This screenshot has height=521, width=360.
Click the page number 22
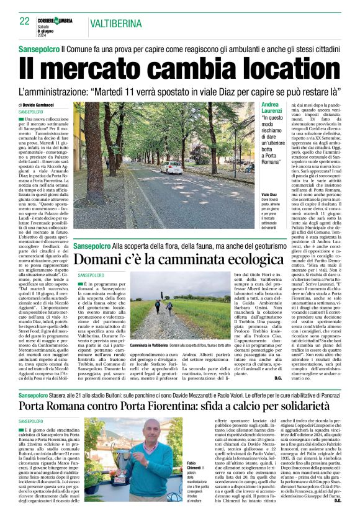[25, 21]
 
